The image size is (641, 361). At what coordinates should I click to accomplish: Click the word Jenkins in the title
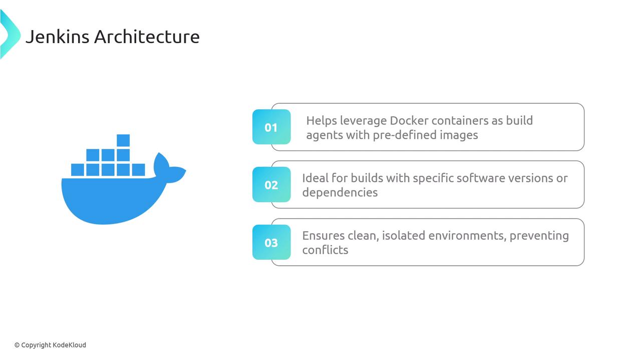57,37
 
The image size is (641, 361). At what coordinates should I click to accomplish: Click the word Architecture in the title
147,37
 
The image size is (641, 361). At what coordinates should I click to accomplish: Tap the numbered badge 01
271,127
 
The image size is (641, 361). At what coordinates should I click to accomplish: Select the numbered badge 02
271,185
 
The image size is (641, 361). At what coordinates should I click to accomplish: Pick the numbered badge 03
271,242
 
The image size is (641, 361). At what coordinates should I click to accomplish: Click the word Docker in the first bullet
409,121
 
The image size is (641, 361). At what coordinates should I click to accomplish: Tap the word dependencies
340,193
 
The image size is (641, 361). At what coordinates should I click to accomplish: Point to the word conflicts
326,250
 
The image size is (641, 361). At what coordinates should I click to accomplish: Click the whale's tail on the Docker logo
169,168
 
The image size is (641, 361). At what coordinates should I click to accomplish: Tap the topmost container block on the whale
123,140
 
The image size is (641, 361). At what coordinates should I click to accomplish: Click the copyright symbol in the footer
17,345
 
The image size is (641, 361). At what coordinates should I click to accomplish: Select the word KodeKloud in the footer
69,345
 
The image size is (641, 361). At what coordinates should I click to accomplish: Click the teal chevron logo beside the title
11,35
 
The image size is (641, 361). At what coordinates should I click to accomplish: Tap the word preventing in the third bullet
539,236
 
